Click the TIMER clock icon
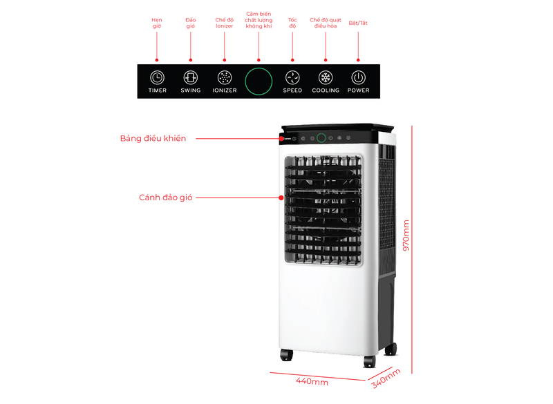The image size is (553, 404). coord(157,77)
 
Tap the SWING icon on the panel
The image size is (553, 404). coord(191,77)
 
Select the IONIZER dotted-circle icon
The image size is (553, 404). coord(225,77)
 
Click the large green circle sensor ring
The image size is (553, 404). coord(259,81)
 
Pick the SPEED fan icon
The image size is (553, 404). coord(292,77)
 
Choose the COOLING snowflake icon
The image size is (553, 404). coord(326,77)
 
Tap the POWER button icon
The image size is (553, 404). coord(358,77)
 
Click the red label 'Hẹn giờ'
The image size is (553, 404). coord(157,23)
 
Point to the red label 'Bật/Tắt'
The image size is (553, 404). coord(358,23)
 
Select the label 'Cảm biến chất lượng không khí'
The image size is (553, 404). coord(259,19)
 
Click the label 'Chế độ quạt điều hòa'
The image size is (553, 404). coord(326,23)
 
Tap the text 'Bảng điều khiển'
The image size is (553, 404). coord(153,138)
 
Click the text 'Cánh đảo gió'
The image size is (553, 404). coord(165,198)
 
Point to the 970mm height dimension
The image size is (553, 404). coord(406,235)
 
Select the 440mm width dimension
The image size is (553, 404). coord(312,381)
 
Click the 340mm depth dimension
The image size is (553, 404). coord(385,378)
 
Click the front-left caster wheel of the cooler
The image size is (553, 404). coord(286,355)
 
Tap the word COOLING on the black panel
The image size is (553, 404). coord(326,90)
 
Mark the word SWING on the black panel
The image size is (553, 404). coord(191,90)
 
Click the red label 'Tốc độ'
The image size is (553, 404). coord(292,23)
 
